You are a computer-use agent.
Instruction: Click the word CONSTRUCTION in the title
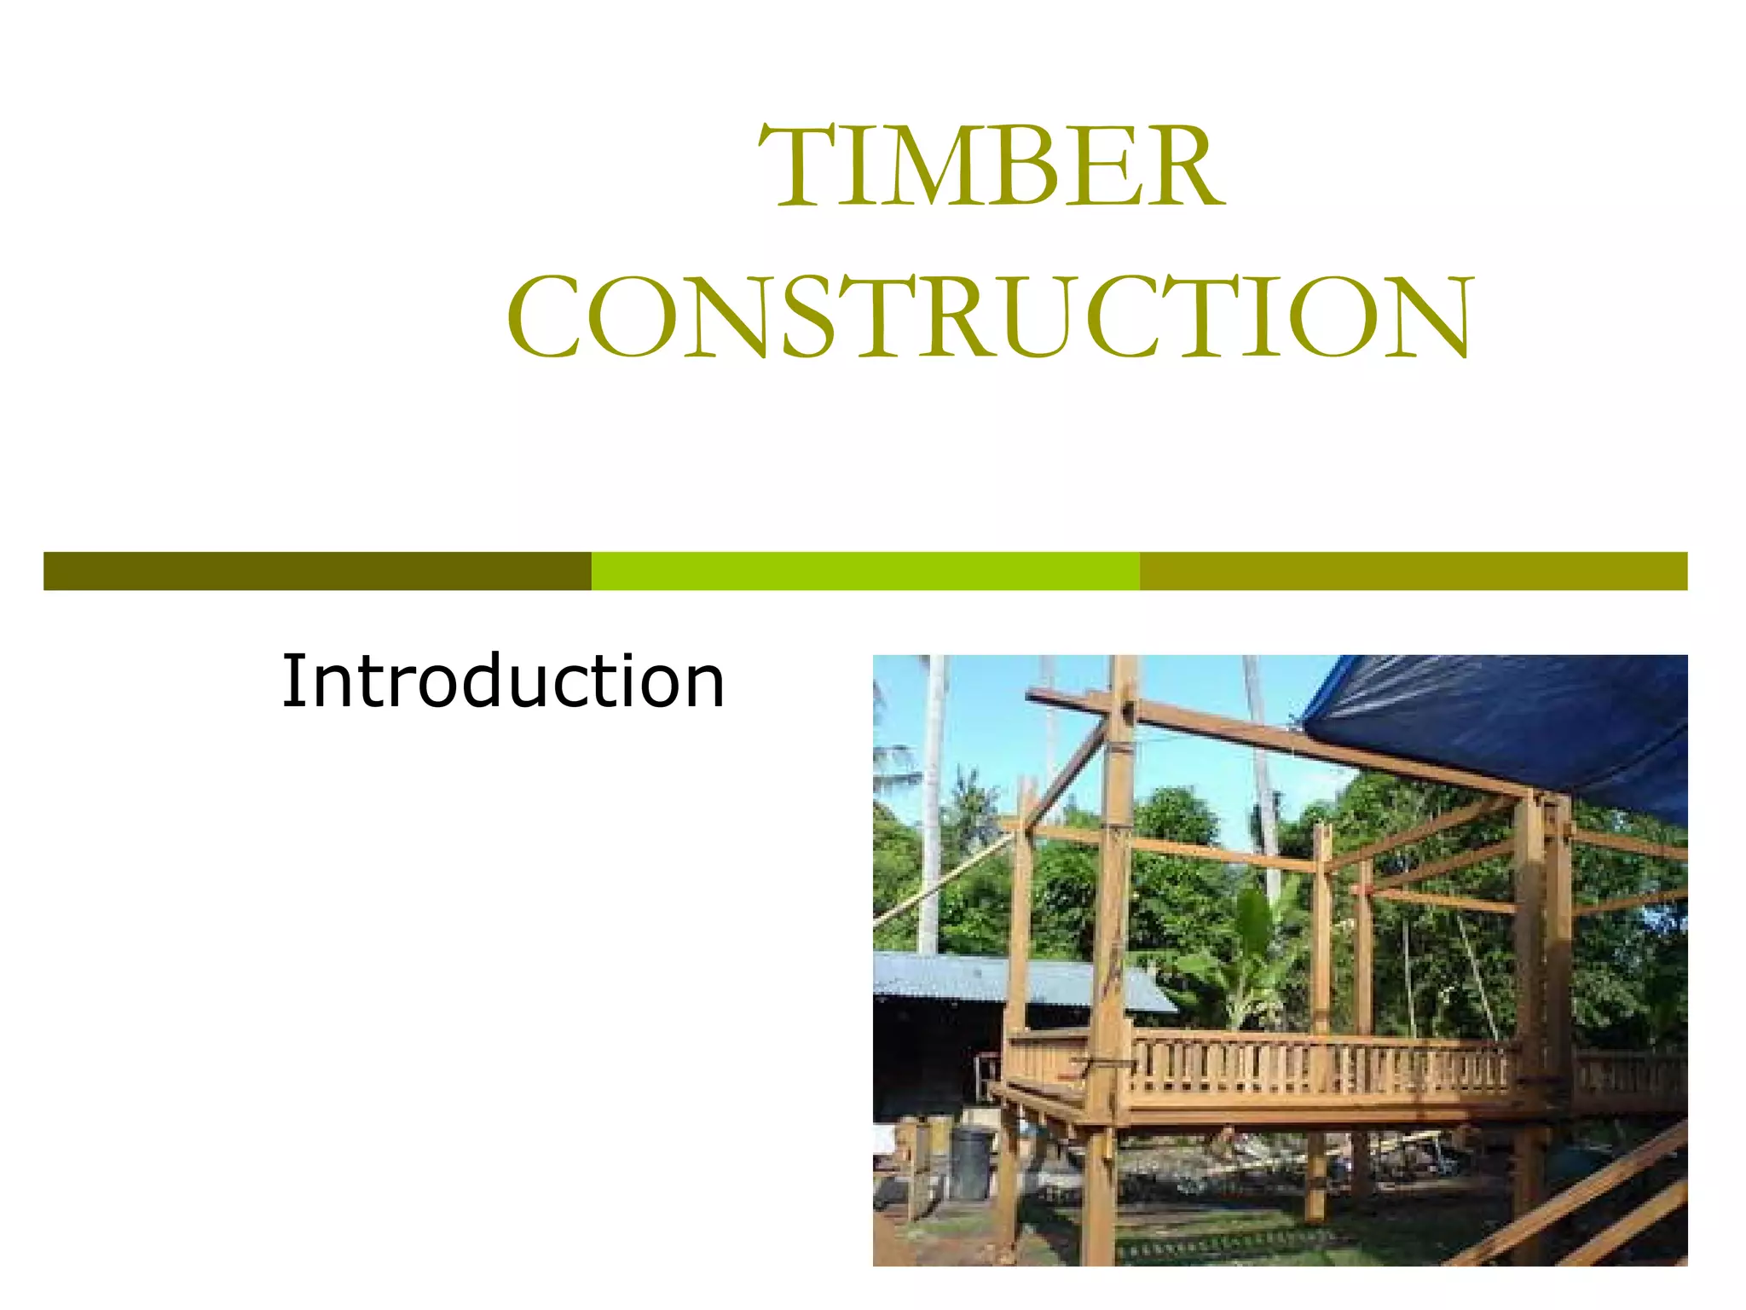(990, 317)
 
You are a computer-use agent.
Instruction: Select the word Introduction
(503, 681)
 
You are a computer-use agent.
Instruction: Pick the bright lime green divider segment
(865, 571)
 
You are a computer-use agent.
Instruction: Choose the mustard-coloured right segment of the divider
(1413, 571)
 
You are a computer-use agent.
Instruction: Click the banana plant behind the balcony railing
(1253, 947)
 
